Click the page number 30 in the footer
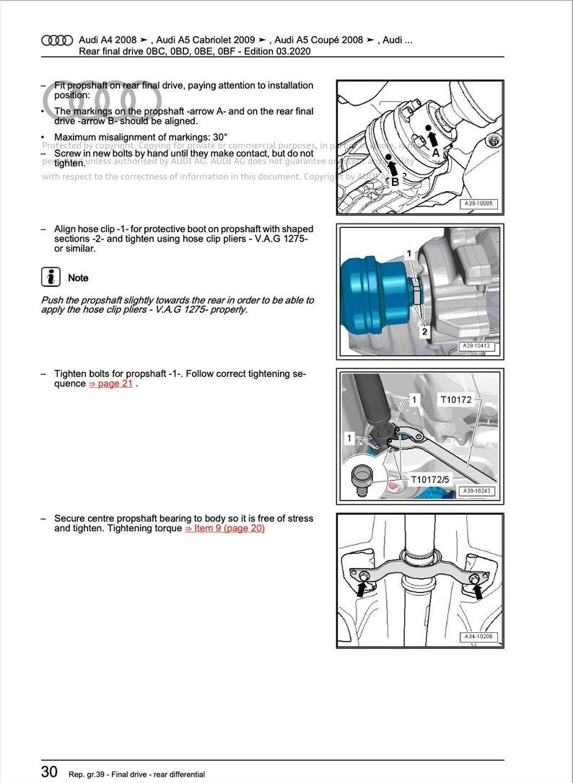(x=48, y=771)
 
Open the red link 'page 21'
(x=110, y=384)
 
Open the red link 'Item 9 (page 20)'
(x=225, y=528)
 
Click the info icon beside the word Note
(x=51, y=278)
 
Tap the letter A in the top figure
(x=436, y=153)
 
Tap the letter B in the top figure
(x=395, y=182)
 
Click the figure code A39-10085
(x=479, y=204)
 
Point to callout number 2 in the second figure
(x=424, y=332)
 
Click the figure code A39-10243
(x=479, y=492)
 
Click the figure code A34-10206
(x=479, y=637)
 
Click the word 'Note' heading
(x=78, y=278)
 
